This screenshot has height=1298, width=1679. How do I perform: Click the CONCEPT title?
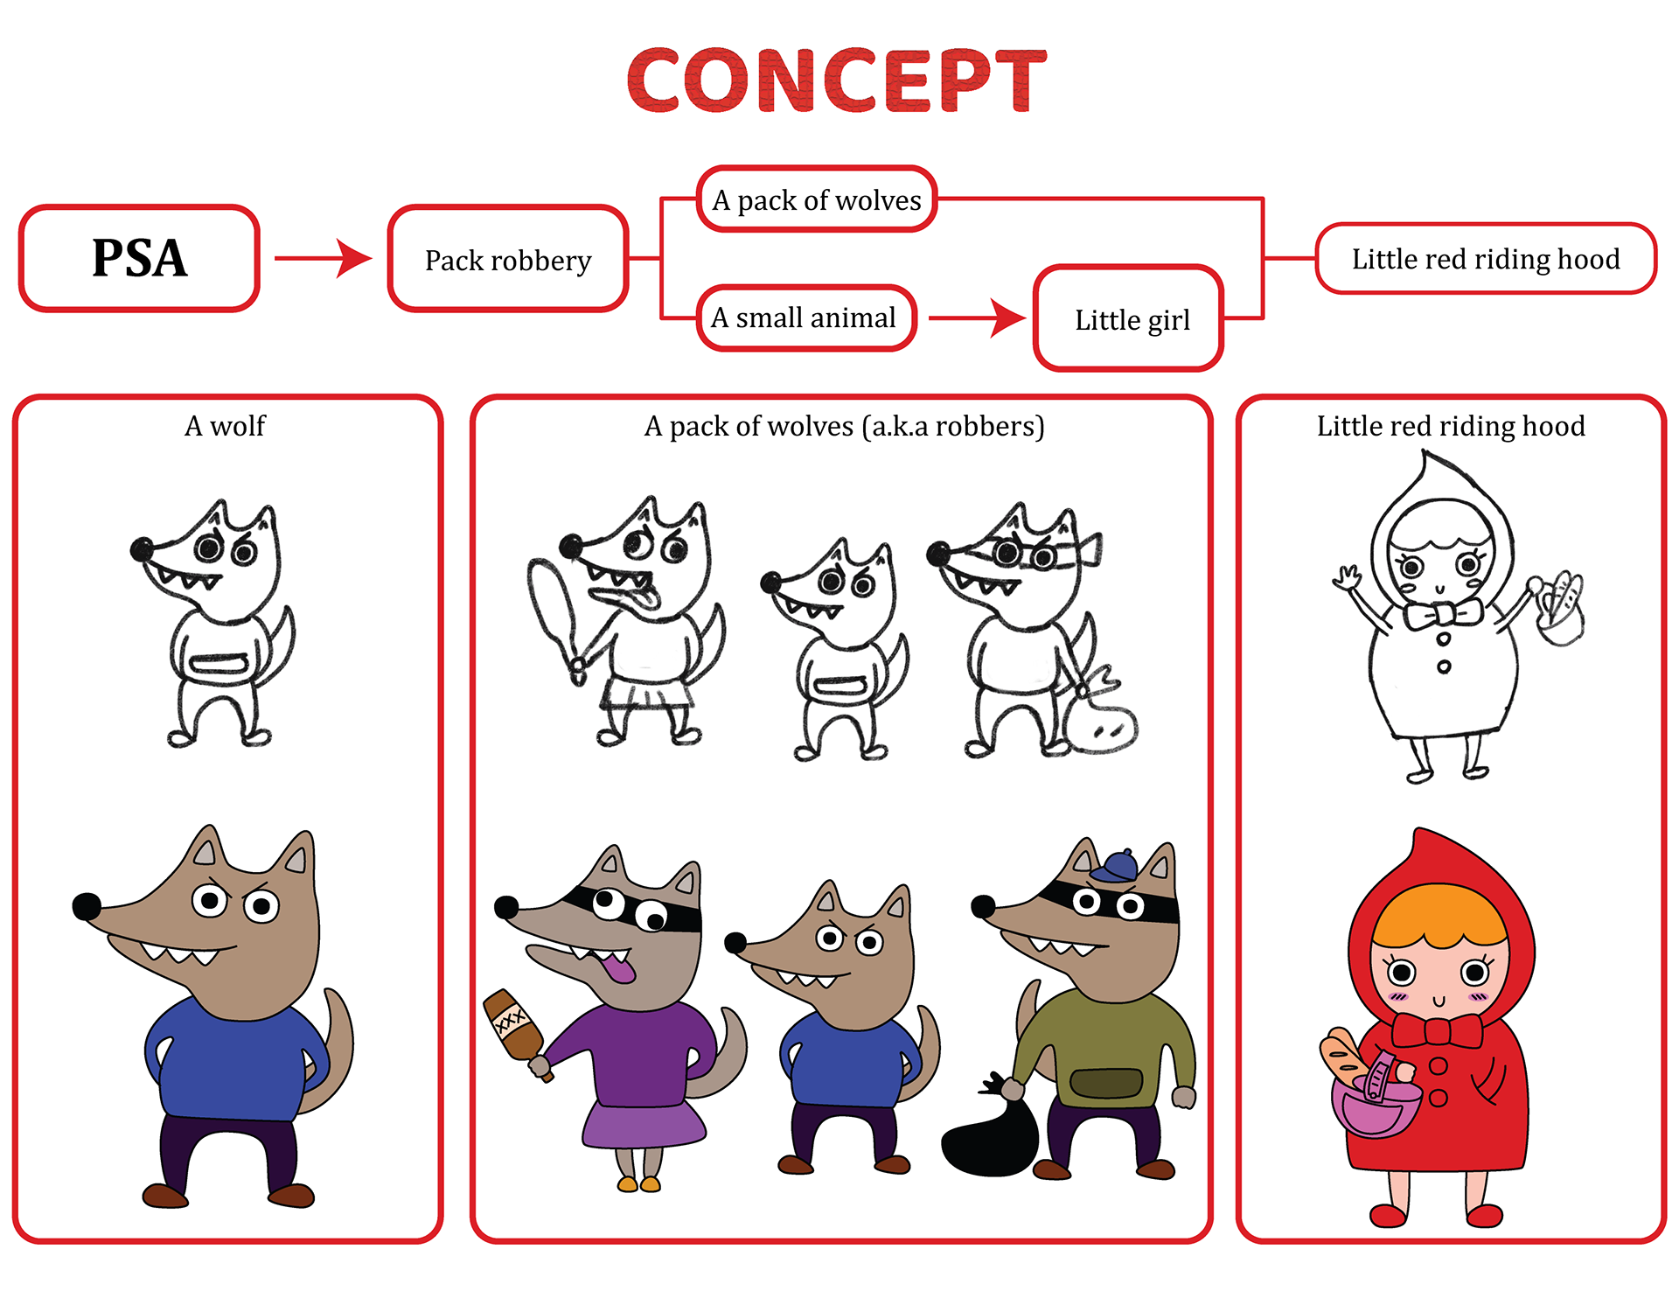coord(837,80)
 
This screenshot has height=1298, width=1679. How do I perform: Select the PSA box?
coord(139,258)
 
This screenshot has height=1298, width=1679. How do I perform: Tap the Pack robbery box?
coord(508,260)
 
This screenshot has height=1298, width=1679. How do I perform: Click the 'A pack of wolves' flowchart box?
coord(817,199)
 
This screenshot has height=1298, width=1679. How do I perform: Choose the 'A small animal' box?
coord(805,318)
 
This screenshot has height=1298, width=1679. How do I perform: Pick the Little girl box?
coord(1130,319)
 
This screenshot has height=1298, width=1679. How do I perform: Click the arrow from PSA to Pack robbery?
coord(323,258)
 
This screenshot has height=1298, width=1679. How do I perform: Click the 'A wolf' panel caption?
coord(225,426)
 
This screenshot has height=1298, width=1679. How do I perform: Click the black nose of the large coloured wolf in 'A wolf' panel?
coord(87,906)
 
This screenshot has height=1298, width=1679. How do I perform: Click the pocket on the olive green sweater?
coord(1106,1084)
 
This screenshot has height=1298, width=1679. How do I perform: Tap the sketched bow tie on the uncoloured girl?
coord(1442,614)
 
